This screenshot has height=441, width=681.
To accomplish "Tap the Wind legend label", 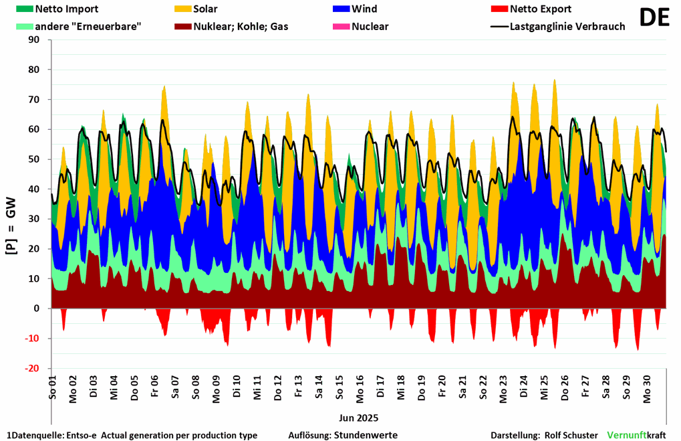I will point(364,9).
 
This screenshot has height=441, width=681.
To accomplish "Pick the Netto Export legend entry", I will point(540,9).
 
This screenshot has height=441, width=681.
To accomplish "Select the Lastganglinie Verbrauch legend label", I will point(567,27).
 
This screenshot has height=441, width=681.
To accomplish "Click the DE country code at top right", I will point(654,18).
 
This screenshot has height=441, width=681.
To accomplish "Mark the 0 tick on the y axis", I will point(37,308).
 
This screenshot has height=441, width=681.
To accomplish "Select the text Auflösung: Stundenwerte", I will point(343,435).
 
